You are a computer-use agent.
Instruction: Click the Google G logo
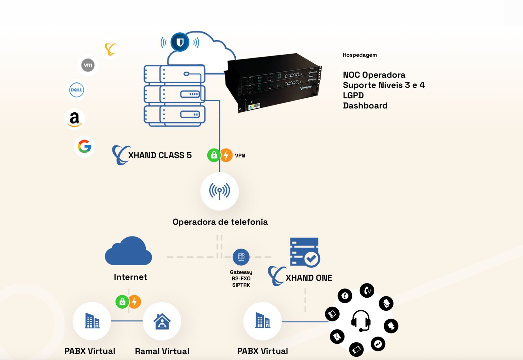click(84, 146)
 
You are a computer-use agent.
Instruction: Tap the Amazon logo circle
click(75, 119)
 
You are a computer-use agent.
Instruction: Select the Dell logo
click(76, 90)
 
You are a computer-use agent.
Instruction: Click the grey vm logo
click(88, 65)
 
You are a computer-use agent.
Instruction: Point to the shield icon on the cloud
click(180, 42)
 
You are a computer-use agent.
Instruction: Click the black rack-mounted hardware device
click(274, 83)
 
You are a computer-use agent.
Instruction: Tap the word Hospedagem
click(360, 55)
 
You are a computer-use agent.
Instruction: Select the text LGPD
click(353, 95)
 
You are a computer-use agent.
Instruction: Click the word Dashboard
click(365, 106)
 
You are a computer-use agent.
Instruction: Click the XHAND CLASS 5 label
click(160, 155)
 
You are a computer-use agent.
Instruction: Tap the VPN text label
click(240, 155)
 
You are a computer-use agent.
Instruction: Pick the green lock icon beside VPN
click(214, 155)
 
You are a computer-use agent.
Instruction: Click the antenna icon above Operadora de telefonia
click(219, 191)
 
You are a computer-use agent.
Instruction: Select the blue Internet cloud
click(128, 252)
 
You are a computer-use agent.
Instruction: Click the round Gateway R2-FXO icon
click(241, 257)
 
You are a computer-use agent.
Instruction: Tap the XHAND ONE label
click(309, 278)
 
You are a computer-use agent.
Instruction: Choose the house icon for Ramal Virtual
click(162, 321)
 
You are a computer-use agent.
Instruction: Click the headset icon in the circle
click(361, 320)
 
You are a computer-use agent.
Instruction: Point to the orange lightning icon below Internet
click(135, 302)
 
